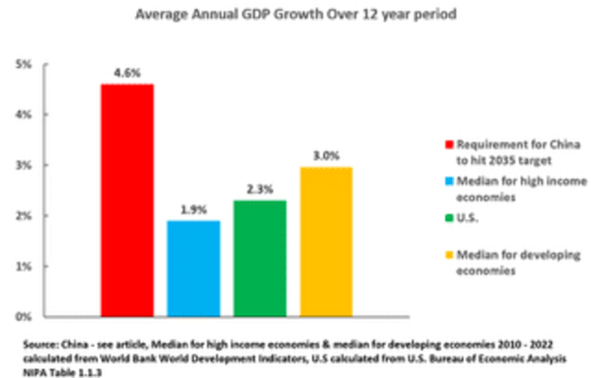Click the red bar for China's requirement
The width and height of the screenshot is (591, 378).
click(x=127, y=200)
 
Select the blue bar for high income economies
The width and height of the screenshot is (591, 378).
click(x=193, y=269)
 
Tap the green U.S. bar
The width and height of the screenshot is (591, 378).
click(x=259, y=258)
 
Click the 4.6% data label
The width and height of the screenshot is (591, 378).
click(x=127, y=72)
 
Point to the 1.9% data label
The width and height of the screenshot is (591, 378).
click(x=193, y=209)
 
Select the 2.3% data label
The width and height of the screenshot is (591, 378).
click(x=259, y=189)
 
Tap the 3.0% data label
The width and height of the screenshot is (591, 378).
click(x=326, y=155)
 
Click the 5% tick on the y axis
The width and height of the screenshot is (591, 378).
click(x=24, y=65)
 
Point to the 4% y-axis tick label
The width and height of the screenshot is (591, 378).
click(x=24, y=115)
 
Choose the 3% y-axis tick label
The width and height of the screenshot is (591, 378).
click(x=24, y=166)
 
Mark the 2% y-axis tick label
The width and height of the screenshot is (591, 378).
click(x=24, y=217)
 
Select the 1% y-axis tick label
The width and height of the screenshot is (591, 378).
click(x=24, y=267)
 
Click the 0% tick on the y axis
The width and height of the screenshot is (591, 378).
click(x=24, y=318)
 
